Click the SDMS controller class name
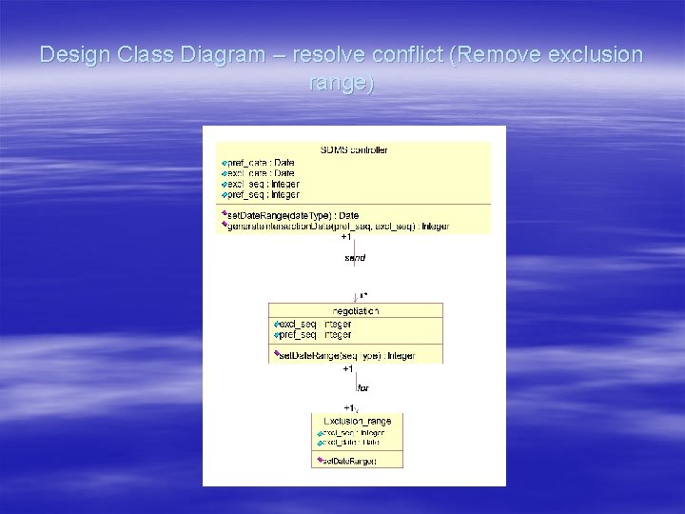coord(354,149)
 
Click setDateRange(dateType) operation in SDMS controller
coord(292,216)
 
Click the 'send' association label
coord(355,257)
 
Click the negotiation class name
coord(356,311)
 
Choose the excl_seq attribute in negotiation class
coord(315,325)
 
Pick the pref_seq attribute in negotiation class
coord(315,335)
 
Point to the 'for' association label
coord(362,388)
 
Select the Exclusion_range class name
coord(357,421)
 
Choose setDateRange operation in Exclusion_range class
coord(348,462)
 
